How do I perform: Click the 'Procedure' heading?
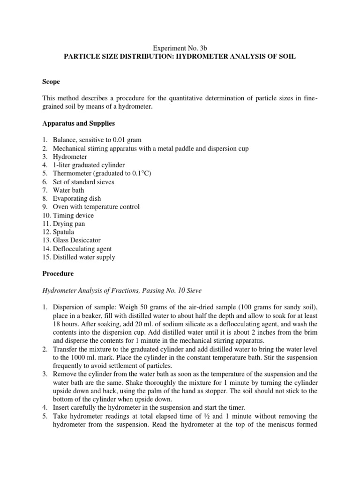point(58,273)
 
